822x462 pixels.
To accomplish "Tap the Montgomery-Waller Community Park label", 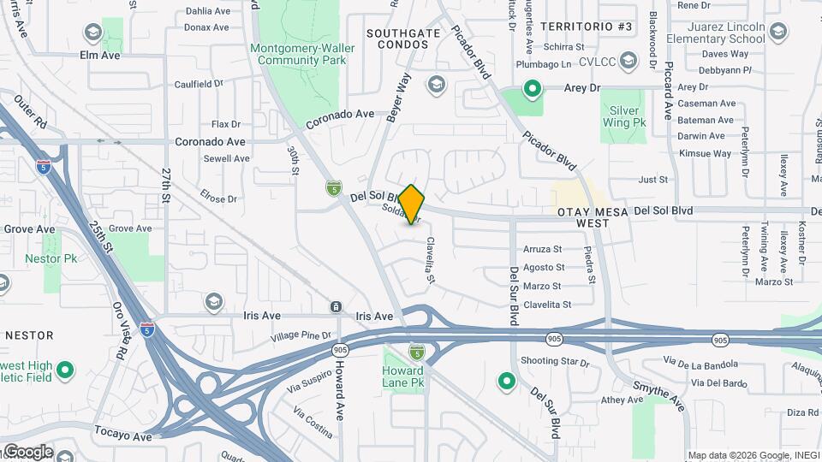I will coord(303,54).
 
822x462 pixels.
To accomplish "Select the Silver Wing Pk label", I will coord(628,116).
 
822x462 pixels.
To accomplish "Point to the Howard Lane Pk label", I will coord(403,376).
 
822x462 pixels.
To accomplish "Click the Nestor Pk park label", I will coord(51,258).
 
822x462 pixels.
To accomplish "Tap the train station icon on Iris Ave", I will coord(337,307).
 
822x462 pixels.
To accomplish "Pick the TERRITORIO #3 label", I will coord(587,27).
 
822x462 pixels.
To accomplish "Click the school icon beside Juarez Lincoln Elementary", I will coord(777,33).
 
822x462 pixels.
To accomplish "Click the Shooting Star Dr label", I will coord(555,362).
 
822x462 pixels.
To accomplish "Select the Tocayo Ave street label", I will coord(122,436).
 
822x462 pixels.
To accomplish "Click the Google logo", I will coord(27,452).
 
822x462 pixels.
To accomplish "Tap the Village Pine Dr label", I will coord(301,335).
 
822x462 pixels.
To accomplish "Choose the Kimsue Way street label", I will coord(705,153).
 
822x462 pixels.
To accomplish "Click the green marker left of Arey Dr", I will coord(533,88).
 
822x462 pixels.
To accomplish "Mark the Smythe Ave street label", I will coord(658,393).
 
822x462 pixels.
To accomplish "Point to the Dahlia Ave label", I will coord(208,12).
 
